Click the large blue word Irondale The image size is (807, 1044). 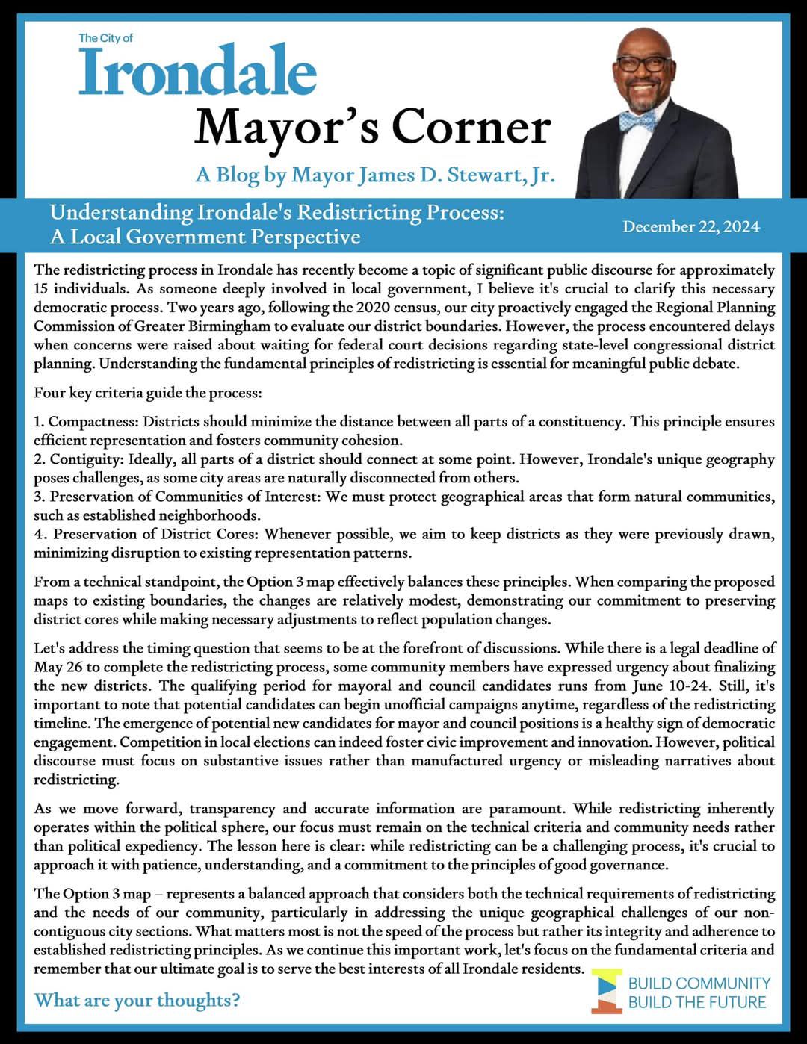coord(198,72)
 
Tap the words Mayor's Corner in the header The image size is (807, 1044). coord(372,127)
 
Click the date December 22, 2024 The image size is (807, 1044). coord(691,226)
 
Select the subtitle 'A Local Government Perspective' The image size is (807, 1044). coord(205,237)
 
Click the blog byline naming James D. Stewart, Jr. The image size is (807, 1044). coord(375,175)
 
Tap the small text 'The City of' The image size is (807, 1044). coord(105,37)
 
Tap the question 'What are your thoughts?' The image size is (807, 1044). coord(137,1000)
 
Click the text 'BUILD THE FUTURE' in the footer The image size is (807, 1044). coord(697,1002)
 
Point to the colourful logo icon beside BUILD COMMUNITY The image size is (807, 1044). coord(607,991)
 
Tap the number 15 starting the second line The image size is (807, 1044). coord(42,289)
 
